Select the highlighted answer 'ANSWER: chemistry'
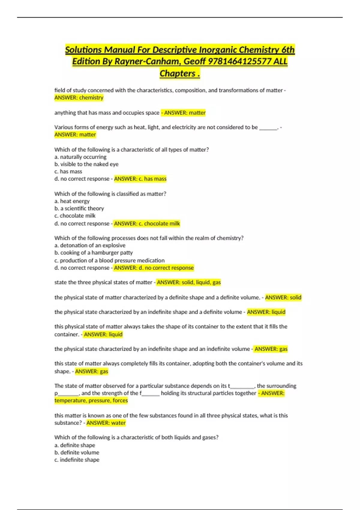(79, 97)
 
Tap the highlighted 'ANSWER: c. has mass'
(140, 179)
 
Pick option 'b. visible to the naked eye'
(86, 164)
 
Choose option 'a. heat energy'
(72, 201)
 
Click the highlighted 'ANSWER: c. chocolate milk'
(147, 223)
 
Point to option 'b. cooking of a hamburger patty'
(94, 253)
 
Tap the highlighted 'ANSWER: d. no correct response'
(154, 268)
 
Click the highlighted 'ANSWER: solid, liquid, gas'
(189, 282)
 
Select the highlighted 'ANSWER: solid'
(283, 297)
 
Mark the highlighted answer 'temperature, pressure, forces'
(91, 400)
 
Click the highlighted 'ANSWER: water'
(106, 423)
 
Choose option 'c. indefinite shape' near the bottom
(77, 460)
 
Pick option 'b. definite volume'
(77, 452)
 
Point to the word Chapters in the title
(177, 73)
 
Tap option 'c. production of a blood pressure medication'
(109, 260)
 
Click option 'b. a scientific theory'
(79, 208)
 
